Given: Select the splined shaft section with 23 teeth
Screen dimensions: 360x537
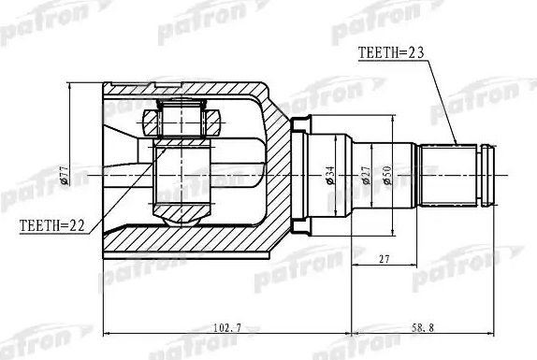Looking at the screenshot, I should point(451,174).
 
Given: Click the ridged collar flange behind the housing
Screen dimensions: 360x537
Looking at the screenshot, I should point(300,174).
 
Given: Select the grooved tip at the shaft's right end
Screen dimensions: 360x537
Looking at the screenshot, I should point(487,174).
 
